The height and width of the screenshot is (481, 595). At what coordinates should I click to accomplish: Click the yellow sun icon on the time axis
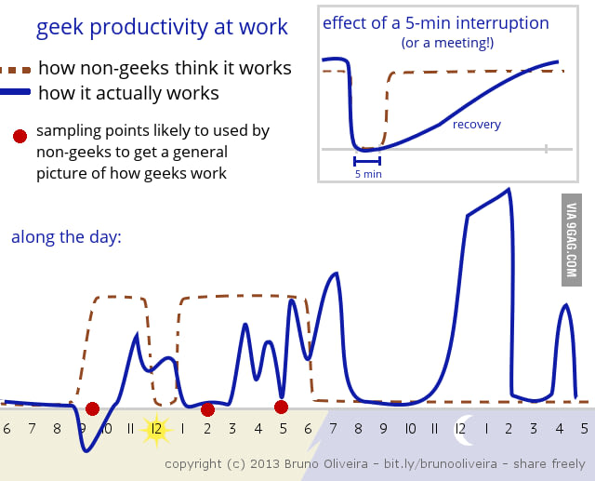pos(156,430)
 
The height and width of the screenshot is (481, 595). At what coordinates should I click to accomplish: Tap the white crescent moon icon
pos(464,430)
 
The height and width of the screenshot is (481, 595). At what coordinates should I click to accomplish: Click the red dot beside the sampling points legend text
pos(20,136)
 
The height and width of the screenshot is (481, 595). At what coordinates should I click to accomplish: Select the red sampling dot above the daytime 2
pos(208,409)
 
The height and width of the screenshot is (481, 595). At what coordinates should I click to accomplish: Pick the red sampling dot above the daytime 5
pos(281,407)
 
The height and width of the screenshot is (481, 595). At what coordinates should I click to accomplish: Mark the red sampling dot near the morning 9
pos(93,408)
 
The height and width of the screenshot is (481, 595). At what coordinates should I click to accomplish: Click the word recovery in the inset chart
pos(477,124)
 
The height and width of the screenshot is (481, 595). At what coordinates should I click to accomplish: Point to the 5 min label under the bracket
pos(368,174)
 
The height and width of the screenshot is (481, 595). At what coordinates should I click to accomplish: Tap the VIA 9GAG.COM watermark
pos(572,240)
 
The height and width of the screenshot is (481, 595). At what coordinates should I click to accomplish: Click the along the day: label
pos(66,237)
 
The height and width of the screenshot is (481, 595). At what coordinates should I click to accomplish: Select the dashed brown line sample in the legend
pos(15,70)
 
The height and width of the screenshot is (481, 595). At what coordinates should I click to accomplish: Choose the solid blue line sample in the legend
pos(15,91)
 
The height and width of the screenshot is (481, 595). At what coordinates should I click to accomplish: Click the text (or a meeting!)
pos(447,43)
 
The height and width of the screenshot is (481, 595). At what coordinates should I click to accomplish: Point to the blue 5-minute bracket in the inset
pos(367,161)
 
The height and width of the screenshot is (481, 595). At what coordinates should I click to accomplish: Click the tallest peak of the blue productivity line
pos(509,190)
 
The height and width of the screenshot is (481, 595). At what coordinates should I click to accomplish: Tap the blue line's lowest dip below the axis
pos(86,450)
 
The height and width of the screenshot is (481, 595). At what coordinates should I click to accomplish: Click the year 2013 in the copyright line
pos(265,463)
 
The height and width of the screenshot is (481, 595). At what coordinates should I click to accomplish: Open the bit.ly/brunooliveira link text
pos(440,463)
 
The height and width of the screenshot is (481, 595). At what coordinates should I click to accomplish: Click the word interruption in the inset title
pos(502,23)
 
